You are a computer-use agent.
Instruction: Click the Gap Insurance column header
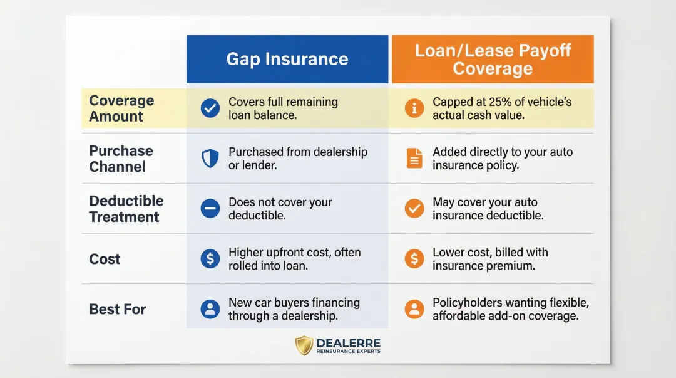pos(287,59)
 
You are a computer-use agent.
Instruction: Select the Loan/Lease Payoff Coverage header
pos(493,59)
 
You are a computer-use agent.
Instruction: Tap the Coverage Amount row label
pos(121,108)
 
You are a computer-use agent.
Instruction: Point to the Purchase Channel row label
pos(121,159)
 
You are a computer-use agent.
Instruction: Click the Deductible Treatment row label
pos(126,209)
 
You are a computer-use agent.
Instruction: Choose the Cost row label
pos(105,259)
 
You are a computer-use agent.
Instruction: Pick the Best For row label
pos(117,309)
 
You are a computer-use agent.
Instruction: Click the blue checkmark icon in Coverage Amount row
pos(210,108)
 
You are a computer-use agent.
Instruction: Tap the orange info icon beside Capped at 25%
pos(414,108)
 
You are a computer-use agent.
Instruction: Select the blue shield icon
pos(210,159)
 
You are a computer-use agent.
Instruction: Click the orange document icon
pos(414,159)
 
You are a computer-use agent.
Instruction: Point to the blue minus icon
pos(210,209)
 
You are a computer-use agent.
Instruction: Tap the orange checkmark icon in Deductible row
pos(414,209)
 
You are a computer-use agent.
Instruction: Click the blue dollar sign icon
pos(210,259)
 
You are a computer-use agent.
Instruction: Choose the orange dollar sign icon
pos(414,259)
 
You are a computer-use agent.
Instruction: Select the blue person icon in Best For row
pos(210,309)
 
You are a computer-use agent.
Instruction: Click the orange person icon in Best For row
pos(414,309)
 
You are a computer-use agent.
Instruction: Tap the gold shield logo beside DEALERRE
pos(304,345)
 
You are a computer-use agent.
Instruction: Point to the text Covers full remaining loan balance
pos(283,108)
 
